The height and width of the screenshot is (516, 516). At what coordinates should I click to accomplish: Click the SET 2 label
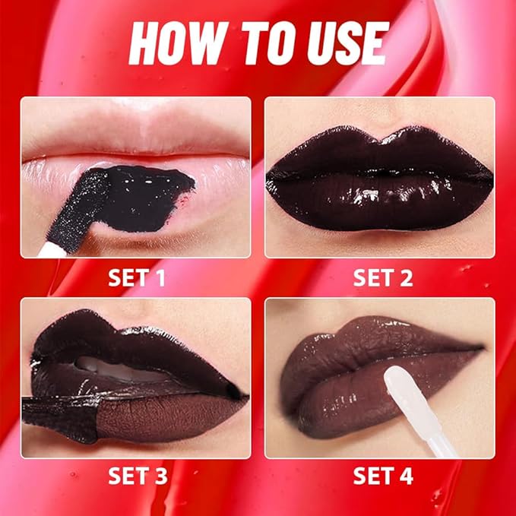point(382,278)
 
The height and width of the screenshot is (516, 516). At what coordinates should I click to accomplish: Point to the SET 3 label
point(137,476)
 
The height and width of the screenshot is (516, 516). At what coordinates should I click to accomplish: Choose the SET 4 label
point(382,476)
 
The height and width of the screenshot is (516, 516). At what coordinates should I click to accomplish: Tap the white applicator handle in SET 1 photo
point(47,246)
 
